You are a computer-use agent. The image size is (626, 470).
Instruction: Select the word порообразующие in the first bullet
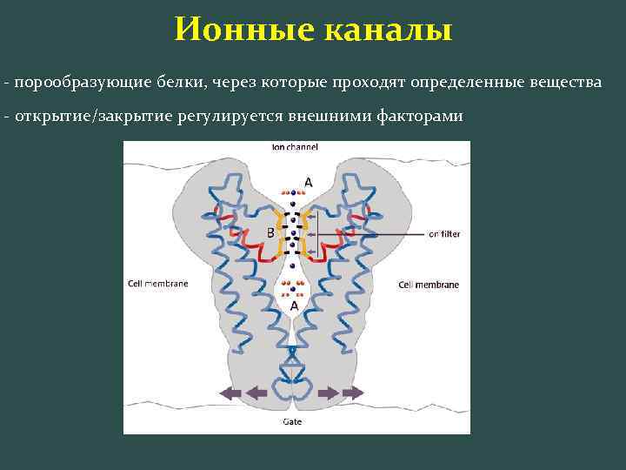coord(72,82)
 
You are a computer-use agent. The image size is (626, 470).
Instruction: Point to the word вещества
coord(566,82)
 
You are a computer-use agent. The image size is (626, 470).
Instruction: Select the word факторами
coord(419,116)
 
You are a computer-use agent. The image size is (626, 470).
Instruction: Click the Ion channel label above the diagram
coord(295,147)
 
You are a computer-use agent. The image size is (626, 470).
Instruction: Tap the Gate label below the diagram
coord(292,421)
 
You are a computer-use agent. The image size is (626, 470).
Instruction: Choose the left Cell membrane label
coord(157,284)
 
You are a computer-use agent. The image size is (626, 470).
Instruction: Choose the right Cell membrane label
coord(429,285)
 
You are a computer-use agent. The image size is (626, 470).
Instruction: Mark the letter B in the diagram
coord(270,233)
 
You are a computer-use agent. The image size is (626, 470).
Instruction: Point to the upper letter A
coord(308,182)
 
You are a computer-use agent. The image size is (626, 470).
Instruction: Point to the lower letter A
coord(295,306)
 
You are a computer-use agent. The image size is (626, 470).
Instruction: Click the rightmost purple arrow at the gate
coord(353,393)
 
